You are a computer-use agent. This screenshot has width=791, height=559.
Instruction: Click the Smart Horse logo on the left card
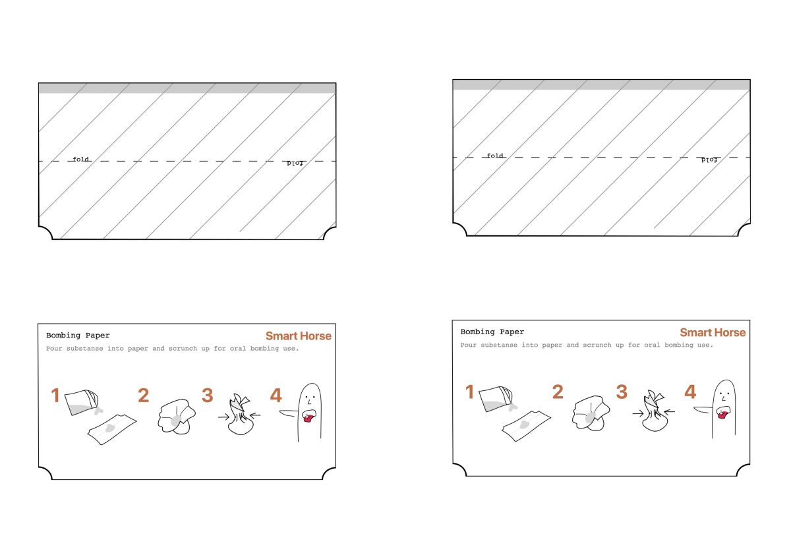pyautogui.click(x=299, y=336)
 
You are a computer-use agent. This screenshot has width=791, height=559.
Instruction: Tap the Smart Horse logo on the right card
pyautogui.click(x=713, y=332)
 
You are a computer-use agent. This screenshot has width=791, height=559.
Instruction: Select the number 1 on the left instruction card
pyautogui.click(x=55, y=395)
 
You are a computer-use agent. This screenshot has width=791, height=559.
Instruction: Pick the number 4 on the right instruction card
pyautogui.click(x=690, y=392)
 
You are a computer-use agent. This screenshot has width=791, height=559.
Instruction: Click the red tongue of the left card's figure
pyautogui.click(x=308, y=418)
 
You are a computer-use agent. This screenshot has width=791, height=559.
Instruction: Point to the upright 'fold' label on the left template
pyautogui.click(x=80, y=160)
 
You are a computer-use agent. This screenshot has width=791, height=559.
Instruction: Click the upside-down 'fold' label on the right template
pyautogui.click(x=709, y=160)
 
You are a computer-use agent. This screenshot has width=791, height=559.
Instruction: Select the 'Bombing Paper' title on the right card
pyautogui.click(x=492, y=332)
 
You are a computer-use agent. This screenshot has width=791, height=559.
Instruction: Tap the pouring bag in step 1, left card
pyautogui.click(x=82, y=402)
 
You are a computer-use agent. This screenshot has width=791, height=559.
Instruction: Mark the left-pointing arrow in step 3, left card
pyautogui.click(x=255, y=415)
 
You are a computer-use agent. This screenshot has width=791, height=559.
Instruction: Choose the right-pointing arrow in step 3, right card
pyautogui.click(x=638, y=413)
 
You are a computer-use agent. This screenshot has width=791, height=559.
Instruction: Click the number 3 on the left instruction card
pyautogui.click(x=207, y=395)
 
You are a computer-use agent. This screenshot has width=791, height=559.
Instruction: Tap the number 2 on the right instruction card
pyautogui.click(x=558, y=392)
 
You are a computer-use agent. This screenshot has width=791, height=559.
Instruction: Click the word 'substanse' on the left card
pyautogui.click(x=85, y=349)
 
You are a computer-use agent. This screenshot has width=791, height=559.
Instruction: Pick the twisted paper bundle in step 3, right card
pyautogui.click(x=655, y=411)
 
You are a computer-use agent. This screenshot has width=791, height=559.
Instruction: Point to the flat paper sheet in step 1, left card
pyautogui.click(x=112, y=429)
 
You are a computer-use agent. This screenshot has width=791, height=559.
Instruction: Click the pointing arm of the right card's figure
pyautogui.click(x=703, y=409)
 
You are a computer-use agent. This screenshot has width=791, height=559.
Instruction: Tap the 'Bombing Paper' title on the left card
pyautogui.click(x=78, y=335)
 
